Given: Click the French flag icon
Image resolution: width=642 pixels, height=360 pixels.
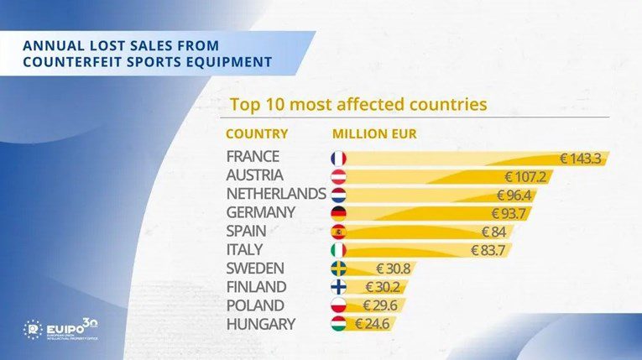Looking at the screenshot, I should click(x=338, y=158).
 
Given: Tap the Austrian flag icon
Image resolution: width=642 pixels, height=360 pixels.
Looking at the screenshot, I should click(x=338, y=176).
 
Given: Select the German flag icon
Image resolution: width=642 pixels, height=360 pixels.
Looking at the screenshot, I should click(x=338, y=213).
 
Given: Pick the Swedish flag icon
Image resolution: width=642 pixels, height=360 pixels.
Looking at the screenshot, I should click(x=338, y=269).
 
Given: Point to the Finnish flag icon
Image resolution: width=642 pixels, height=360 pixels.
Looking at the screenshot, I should click(x=338, y=287).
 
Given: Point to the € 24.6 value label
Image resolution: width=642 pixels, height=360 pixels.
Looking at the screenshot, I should click(x=370, y=324).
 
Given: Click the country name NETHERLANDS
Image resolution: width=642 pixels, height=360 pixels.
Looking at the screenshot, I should click(x=276, y=195).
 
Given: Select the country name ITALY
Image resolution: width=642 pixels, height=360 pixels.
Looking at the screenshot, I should click(x=244, y=250).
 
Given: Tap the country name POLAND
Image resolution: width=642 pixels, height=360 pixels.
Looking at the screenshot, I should click(x=255, y=305).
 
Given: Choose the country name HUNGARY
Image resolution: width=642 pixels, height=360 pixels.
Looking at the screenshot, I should click(x=260, y=324).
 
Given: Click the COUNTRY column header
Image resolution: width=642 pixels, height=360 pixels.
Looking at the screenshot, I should click(x=257, y=133).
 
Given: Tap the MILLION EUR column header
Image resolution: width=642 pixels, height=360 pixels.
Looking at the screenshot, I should click(x=374, y=133).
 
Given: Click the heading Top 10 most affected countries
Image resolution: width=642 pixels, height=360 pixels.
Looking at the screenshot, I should click(x=358, y=106).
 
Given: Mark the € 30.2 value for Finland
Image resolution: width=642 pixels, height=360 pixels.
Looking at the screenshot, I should click(x=378, y=287).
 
